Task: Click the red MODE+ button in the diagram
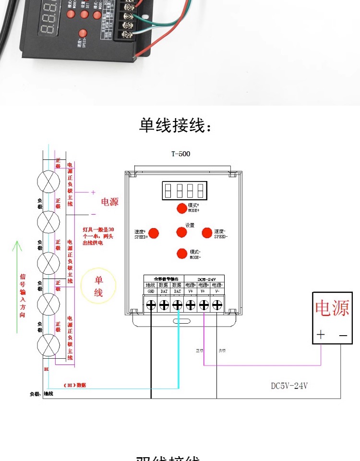[181, 208]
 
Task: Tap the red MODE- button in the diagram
[181, 254]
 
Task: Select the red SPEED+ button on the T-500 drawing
[154, 233]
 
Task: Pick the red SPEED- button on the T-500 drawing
[207, 233]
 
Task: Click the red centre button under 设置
[181, 232]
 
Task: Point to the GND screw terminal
[151, 305]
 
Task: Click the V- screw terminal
[217, 305]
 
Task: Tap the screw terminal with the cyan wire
[177, 305]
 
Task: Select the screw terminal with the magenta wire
[204, 305]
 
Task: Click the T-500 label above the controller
[181, 154]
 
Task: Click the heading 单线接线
[175, 125]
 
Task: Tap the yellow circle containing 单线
[98, 286]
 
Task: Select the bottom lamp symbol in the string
[48, 345]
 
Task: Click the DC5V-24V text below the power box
[289, 386]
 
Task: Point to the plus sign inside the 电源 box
[321, 335]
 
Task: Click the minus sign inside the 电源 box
[343, 335]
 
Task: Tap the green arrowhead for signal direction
[17, 246]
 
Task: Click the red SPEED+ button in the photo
[83, 34]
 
